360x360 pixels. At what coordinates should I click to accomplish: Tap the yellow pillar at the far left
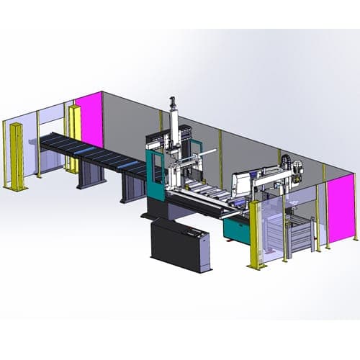pyautogui.click(x=15, y=155)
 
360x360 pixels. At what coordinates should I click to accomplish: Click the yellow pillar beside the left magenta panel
pyautogui.click(x=73, y=137)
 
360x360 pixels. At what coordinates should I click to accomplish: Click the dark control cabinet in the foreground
pyautogui.click(x=180, y=245)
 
